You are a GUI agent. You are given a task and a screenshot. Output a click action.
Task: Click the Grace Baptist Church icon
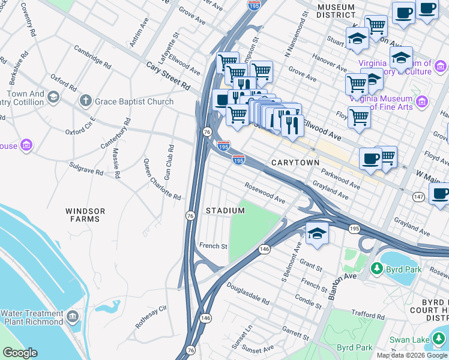(x=86, y=101)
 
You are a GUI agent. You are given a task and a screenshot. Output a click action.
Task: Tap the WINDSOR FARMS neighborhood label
(x=85, y=215)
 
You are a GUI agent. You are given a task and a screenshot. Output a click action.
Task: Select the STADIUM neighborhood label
(x=225, y=211)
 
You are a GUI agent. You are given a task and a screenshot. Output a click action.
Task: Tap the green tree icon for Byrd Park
(x=377, y=268)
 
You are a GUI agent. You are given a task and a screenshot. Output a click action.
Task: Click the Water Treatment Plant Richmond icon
(x=72, y=316)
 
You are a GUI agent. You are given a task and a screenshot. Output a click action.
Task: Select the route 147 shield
(x=418, y=196)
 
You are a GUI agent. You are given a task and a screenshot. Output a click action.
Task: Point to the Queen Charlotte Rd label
(x=161, y=179)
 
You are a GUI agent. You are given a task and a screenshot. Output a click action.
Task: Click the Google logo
(x=20, y=353)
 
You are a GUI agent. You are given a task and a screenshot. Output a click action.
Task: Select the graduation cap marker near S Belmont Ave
(x=317, y=233)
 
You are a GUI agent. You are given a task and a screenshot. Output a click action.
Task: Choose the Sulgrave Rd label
(x=88, y=168)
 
